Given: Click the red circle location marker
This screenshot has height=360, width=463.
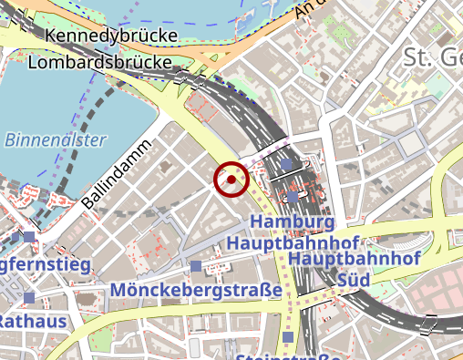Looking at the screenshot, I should tap(231, 180).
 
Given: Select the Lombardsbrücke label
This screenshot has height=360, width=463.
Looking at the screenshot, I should tap(101, 63).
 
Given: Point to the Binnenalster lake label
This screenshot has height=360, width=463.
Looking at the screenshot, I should tap(56, 140).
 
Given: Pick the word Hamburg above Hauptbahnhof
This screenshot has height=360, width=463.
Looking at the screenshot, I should tap(292, 222).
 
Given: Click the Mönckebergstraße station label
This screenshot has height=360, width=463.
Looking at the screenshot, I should tap(196, 290).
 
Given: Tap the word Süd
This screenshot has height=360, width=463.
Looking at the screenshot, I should tap(354, 279).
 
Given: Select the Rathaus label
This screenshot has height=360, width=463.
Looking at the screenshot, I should tap(33, 322).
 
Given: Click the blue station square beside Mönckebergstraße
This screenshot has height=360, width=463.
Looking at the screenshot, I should tap(196, 266).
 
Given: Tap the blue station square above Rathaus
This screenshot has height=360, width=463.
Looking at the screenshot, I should tap(29, 298).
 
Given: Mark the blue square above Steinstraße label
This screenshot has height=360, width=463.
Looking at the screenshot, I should tap(289, 337).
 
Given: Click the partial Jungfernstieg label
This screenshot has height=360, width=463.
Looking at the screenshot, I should tap(46, 265).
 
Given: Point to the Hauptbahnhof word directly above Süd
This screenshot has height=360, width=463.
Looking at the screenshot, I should tap(354, 260).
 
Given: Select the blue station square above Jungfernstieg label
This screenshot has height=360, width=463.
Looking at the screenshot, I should tap(29, 237).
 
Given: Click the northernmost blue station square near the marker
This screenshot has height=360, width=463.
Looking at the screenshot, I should tap(286, 164).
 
